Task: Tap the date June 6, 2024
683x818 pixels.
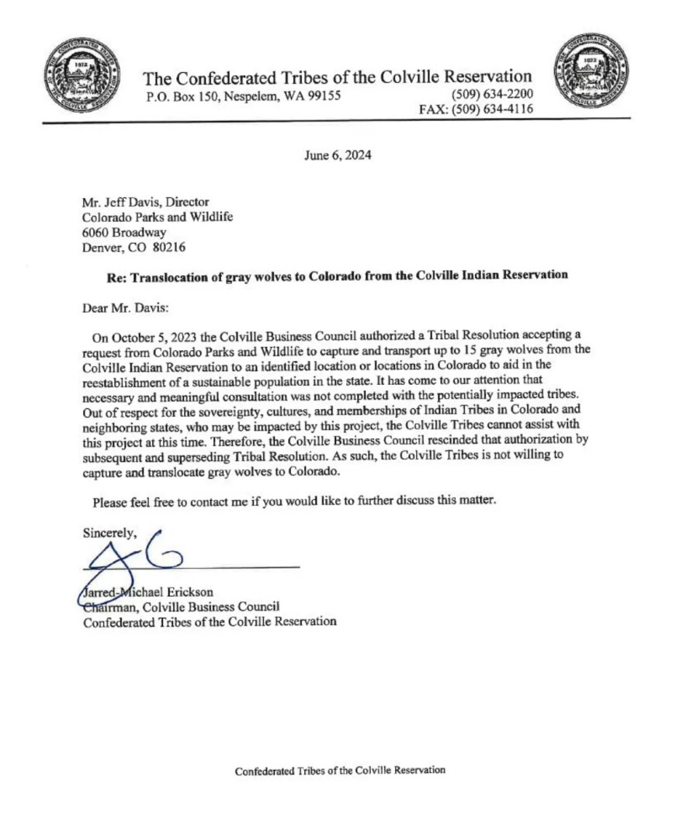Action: point(338,154)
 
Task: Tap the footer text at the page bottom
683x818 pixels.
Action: point(340,771)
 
